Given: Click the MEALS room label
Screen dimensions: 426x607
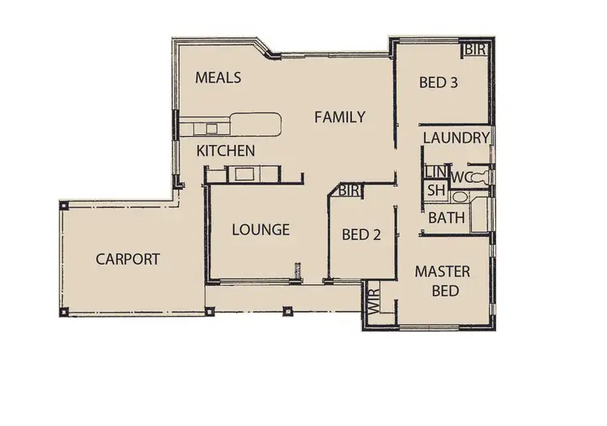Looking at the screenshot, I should point(219,78).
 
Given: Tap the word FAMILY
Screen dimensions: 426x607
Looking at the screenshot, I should point(339,117).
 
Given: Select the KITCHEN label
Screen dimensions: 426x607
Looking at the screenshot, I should point(227,151).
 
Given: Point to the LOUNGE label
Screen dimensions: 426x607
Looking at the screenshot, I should point(261,230).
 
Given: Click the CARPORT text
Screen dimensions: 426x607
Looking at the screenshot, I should point(128,259).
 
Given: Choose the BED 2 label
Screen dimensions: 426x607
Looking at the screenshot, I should point(362,235).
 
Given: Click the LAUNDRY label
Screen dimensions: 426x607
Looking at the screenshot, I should point(456,138).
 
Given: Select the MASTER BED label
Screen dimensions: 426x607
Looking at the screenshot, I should point(443,280).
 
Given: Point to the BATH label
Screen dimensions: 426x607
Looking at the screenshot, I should point(446,217).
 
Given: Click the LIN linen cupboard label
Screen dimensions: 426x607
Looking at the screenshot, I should point(435,172).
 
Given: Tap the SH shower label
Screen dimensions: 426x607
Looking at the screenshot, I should point(436,190).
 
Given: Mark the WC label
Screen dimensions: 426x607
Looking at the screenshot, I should point(462,177).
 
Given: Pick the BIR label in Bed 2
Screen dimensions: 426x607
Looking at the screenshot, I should point(350,190).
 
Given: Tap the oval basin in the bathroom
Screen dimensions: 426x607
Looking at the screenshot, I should point(460,197).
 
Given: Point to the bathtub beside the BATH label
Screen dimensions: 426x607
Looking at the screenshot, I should point(482,215).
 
